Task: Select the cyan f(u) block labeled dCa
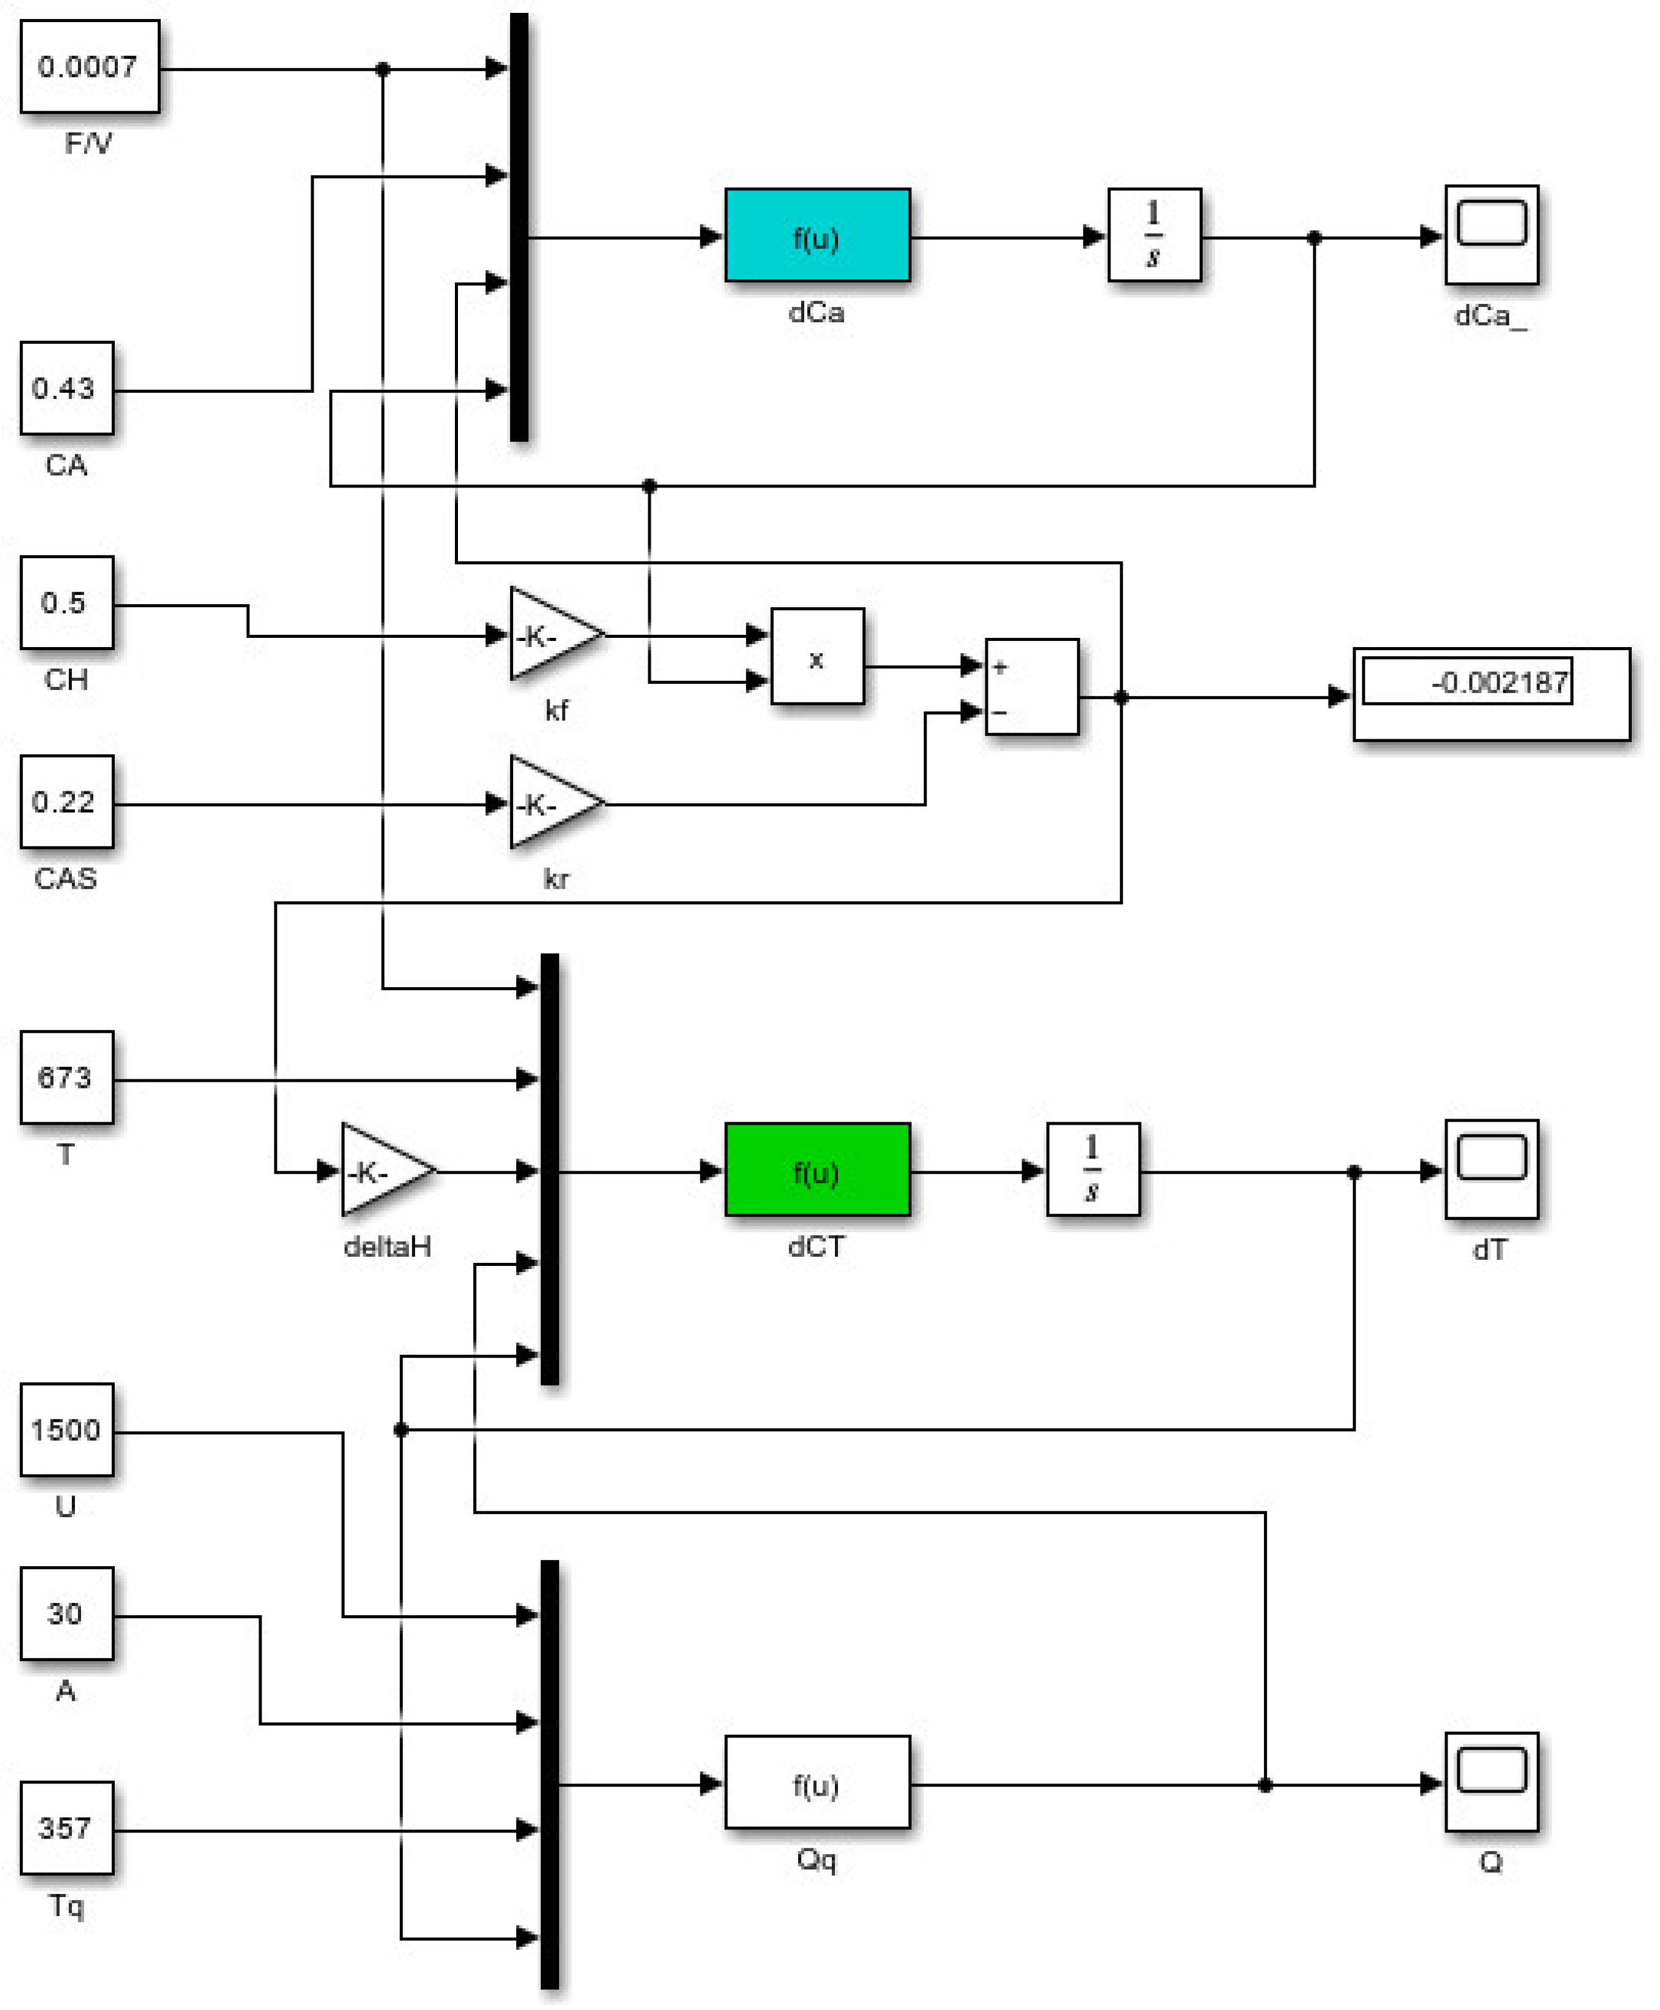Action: [816, 235]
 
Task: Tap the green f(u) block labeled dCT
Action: [816, 1170]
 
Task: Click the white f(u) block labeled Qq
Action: [816, 1782]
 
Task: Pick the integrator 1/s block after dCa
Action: [1154, 235]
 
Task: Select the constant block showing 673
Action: [66, 1077]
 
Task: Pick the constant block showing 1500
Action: [66, 1430]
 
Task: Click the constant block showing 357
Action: [66, 1828]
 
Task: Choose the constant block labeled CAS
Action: [66, 801]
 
